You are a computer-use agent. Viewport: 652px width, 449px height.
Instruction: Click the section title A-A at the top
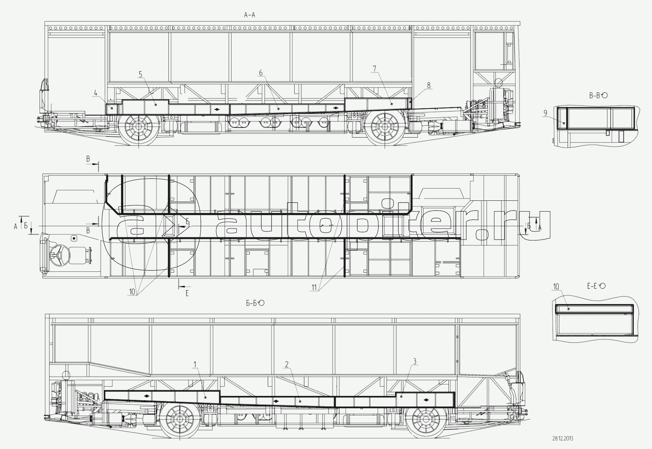tap(249, 15)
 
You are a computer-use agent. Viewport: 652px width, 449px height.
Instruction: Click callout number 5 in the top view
tap(140, 74)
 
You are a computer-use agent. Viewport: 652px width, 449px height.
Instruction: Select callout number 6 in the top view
tap(261, 73)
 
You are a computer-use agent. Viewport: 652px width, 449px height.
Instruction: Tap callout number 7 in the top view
tap(374, 68)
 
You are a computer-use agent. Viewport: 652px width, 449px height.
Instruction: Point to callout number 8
tap(429, 85)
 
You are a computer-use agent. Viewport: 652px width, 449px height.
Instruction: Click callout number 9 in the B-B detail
tap(546, 113)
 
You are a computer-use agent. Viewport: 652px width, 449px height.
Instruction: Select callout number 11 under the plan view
tap(314, 287)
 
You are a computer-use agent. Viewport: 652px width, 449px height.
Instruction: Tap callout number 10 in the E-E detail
tap(556, 287)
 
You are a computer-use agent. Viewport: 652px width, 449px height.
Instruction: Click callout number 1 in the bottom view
tap(194, 363)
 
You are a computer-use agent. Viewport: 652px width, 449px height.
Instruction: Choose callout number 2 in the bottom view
tap(286, 364)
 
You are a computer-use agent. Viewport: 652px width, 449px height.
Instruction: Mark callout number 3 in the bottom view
tap(415, 361)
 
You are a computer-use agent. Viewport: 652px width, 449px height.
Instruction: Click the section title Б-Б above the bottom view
tap(255, 303)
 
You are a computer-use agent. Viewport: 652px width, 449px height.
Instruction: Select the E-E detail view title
tap(596, 286)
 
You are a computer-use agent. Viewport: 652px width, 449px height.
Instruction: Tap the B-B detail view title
tap(598, 96)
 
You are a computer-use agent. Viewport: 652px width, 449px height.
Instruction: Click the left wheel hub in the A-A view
tap(138, 127)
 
